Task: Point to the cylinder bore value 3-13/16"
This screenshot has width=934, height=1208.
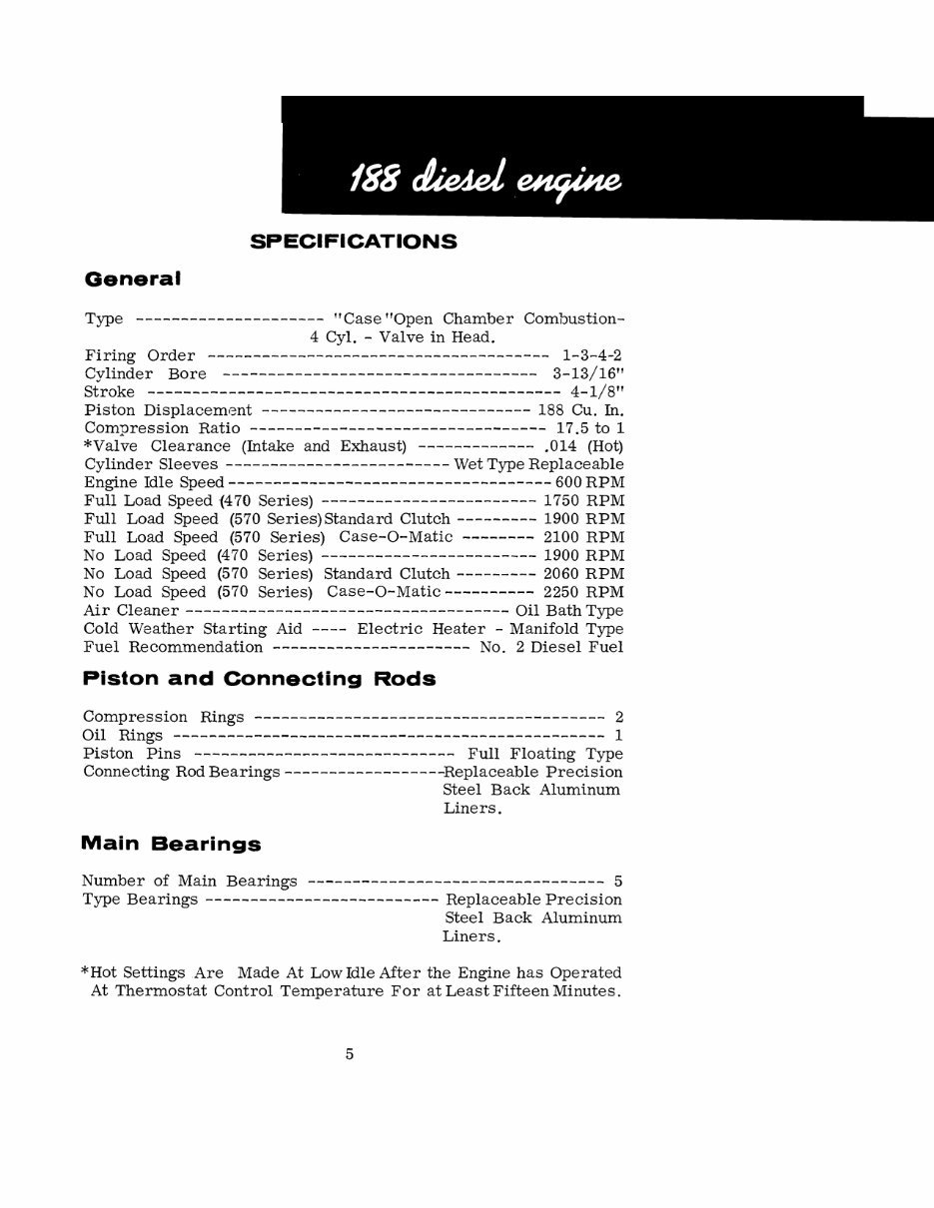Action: (x=588, y=373)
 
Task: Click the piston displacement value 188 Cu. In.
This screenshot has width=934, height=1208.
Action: (x=581, y=410)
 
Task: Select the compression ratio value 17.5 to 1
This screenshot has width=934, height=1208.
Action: (x=589, y=428)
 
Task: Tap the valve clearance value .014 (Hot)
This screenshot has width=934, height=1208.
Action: (x=586, y=446)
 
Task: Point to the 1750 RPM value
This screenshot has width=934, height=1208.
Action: (x=583, y=501)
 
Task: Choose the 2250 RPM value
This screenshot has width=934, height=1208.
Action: (x=583, y=592)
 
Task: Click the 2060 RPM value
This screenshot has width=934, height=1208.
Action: (x=583, y=574)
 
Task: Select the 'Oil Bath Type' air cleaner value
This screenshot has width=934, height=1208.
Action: (x=569, y=610)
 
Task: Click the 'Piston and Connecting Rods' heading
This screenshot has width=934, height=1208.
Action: (x=259, y=679)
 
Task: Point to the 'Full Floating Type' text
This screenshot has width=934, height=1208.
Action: (x=545, y=754)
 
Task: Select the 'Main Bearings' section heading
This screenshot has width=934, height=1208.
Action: (x=171, y=844)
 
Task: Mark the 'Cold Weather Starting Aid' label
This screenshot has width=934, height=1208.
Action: (x=175, y=629)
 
